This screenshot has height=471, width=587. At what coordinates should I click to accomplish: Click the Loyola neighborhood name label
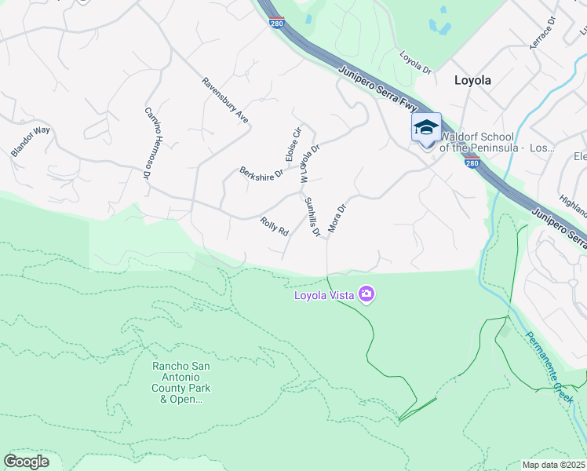click(472, 80)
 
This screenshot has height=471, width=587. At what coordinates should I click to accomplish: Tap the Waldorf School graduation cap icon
click(426, 127)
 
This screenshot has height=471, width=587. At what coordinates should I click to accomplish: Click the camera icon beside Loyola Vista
click(366, 295)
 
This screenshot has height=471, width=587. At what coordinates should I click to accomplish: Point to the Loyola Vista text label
click(323, 296)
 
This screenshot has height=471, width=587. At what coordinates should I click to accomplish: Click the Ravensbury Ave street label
click(225, 100)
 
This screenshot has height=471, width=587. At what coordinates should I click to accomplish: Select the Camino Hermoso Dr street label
click(147, 144)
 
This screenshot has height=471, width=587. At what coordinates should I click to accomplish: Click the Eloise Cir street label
click(292, 145)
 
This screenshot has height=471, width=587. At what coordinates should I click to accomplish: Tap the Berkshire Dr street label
click(261, 173)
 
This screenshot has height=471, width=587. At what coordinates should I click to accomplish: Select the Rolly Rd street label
click(275, 227)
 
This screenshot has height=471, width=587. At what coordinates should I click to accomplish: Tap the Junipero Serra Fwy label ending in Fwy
click(379, 87)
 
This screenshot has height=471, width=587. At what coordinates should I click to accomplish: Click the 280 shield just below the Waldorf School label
click(472, 162)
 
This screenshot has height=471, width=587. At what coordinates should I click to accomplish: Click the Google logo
click(26, 461)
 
